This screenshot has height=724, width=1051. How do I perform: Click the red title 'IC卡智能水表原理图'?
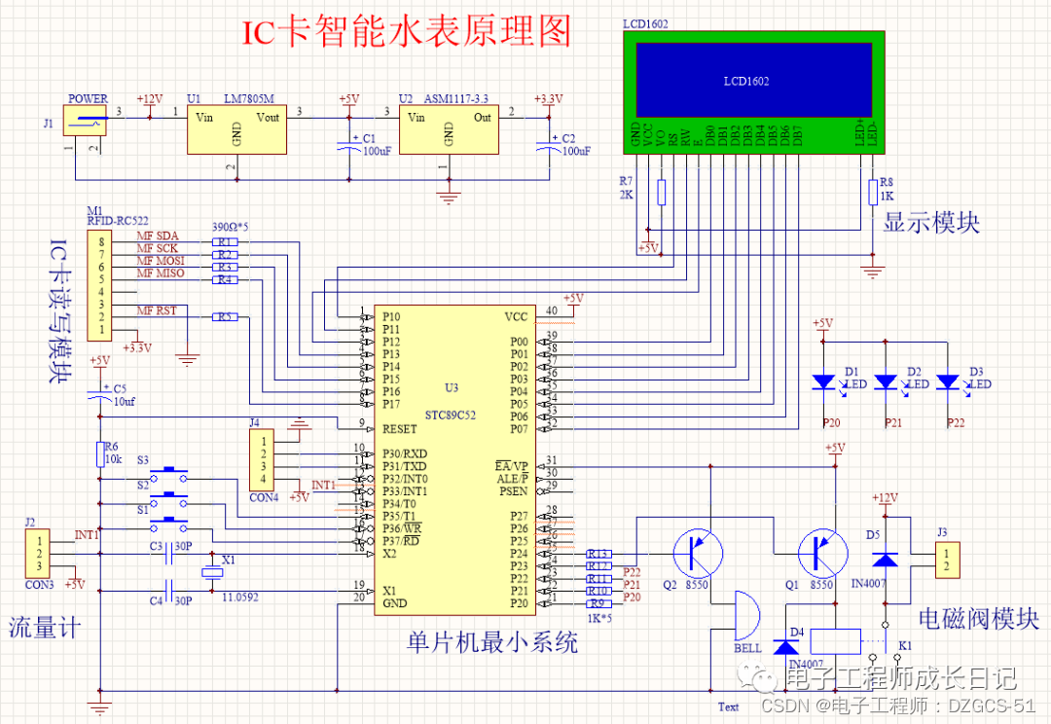coord(406,31)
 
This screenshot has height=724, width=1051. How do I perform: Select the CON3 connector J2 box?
coord(39,553)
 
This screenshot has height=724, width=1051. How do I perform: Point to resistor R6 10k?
coord(99,453)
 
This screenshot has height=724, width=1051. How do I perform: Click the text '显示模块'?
coord(931,223)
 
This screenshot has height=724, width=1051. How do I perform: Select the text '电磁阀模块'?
coord(979,619)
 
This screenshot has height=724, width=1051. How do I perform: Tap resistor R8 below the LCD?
coord(872,193)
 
